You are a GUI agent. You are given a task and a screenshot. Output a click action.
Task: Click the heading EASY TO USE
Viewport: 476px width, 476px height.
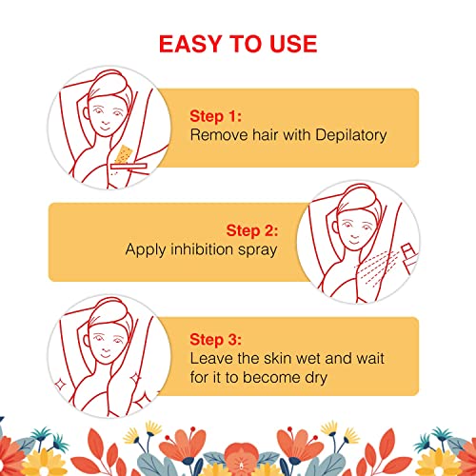(x=238, y=44)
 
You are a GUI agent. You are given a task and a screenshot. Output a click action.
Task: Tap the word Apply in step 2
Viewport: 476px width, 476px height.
(x=145, y=249)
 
